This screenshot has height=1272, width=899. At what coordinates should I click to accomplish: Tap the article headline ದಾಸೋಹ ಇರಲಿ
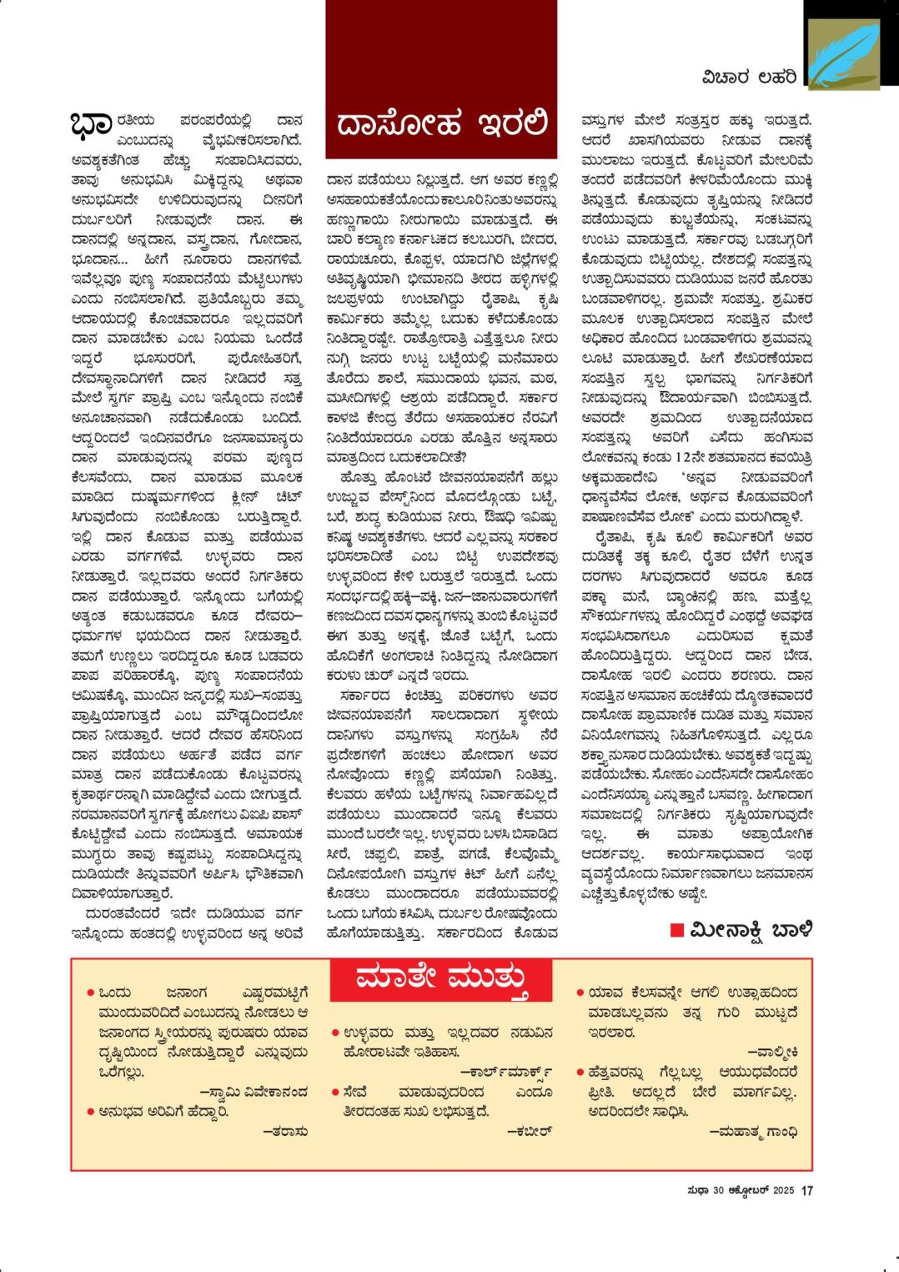coord(441,124)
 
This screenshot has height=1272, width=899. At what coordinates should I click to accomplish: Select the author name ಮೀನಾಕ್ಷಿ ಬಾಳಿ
coord(751,929)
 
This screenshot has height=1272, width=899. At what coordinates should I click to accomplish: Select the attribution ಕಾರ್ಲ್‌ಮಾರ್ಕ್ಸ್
coord(506,1069)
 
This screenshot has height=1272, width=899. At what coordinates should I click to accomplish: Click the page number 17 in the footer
coord(806,1190)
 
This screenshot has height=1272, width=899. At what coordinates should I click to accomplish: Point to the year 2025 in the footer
coord(782,1190)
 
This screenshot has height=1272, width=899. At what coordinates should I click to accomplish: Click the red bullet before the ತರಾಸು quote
coord(89,1111)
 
